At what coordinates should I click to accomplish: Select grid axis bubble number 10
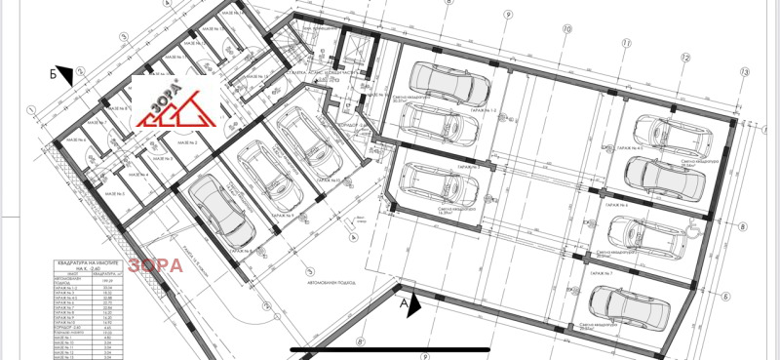(565, 30)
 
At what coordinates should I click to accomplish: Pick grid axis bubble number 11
(627, 44)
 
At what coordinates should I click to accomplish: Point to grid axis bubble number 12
(686, 58)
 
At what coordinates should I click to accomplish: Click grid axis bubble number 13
(744, 72)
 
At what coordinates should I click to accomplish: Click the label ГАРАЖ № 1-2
(486, 110)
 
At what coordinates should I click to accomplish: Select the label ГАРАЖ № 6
(614, 206)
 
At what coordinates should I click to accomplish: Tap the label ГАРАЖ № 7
(614, 277)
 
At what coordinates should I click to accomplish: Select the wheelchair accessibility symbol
(693, 230)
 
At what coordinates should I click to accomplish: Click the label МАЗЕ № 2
(188, 143)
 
